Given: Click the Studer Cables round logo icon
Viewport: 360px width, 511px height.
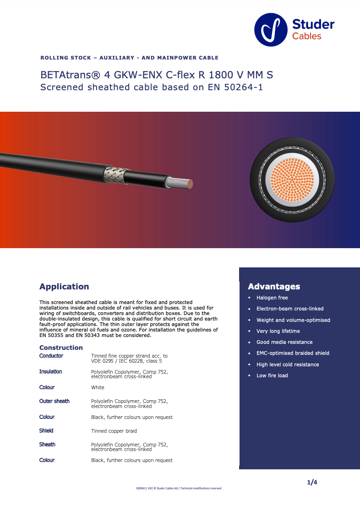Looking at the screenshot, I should coord(271,30).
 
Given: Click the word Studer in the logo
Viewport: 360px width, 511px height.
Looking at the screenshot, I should coord(313,24).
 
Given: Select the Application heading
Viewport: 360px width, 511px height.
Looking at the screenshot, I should coord(64,287).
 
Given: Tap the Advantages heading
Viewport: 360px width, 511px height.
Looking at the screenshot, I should coord(274,287).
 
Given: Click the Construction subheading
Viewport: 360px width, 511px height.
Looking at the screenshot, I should coord(61,348).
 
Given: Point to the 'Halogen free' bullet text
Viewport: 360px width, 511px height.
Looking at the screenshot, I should coord(272,298).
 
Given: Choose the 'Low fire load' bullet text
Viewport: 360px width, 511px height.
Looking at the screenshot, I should coord(272,375).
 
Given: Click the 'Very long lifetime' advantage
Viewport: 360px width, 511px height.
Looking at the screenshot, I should coord(278,331).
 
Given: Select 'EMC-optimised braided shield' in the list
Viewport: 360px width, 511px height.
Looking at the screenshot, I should coord(293,353).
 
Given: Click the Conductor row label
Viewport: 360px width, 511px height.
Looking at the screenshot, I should coord(51,356).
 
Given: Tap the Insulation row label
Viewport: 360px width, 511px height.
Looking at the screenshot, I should coord(51,371).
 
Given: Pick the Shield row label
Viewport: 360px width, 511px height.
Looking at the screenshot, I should coord(46,430).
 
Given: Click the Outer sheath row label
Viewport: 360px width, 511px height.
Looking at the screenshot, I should coord(55,401).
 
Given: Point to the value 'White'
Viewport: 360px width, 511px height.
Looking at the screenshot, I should coord(98,387).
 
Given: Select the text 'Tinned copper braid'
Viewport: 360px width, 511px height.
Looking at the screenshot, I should coord(114,431).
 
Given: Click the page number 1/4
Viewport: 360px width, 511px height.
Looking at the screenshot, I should coord(312,482).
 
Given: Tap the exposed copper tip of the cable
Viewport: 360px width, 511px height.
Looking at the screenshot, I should coord(188,184).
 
